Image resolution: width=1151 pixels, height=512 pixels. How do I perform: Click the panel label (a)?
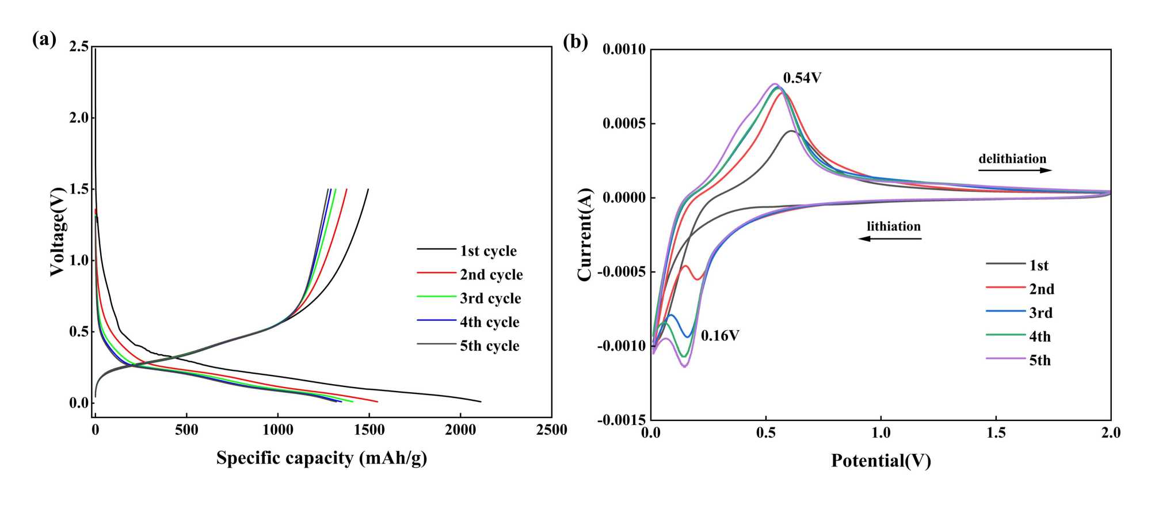(44, 40)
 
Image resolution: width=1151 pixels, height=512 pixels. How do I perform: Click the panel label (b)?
(575, 41)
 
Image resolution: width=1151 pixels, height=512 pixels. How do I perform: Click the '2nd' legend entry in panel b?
(1042, 289)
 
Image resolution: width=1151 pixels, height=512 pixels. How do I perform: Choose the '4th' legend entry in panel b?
(1040, 336)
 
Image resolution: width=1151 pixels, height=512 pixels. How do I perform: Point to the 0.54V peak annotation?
(802, 78)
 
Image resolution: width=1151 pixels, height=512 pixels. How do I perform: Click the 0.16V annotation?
(720, 336)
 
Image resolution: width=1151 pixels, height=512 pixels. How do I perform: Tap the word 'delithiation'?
(1012, 158)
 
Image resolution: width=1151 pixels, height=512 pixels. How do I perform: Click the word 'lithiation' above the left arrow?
(894, 226)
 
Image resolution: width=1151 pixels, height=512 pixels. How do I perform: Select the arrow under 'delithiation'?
(1015, 170)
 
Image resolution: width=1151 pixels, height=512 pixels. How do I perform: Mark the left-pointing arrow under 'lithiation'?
(890, 238)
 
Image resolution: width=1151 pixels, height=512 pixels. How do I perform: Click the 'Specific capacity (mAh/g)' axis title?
(322, 458)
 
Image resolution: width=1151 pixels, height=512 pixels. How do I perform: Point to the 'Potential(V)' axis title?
(881, 460)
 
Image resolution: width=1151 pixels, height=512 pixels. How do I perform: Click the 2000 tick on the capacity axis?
(460, 430)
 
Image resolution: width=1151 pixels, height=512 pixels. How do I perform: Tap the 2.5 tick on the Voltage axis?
(79, 47)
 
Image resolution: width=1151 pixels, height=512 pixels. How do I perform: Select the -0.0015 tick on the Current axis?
(621, 420)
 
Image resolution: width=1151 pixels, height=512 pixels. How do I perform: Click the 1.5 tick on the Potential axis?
(996, 433)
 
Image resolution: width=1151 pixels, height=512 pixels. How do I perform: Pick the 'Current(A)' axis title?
(585, 234)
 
